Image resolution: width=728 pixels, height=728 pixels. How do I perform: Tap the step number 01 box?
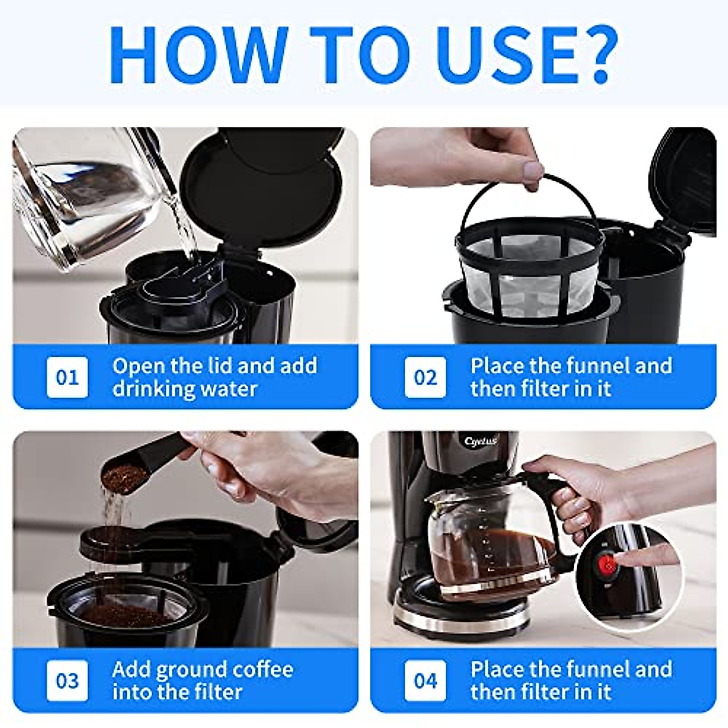(x=67, y=377)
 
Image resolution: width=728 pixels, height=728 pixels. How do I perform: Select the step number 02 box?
(x=425, y=377)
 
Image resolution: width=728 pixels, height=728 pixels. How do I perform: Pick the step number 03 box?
(x=67, y=681)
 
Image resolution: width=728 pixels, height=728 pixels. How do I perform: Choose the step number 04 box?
(x=425, y=681)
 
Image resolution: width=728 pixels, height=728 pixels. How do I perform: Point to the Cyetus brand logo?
(x=480, y=441)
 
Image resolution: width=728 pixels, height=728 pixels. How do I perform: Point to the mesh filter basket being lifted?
(x=530, y=265)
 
